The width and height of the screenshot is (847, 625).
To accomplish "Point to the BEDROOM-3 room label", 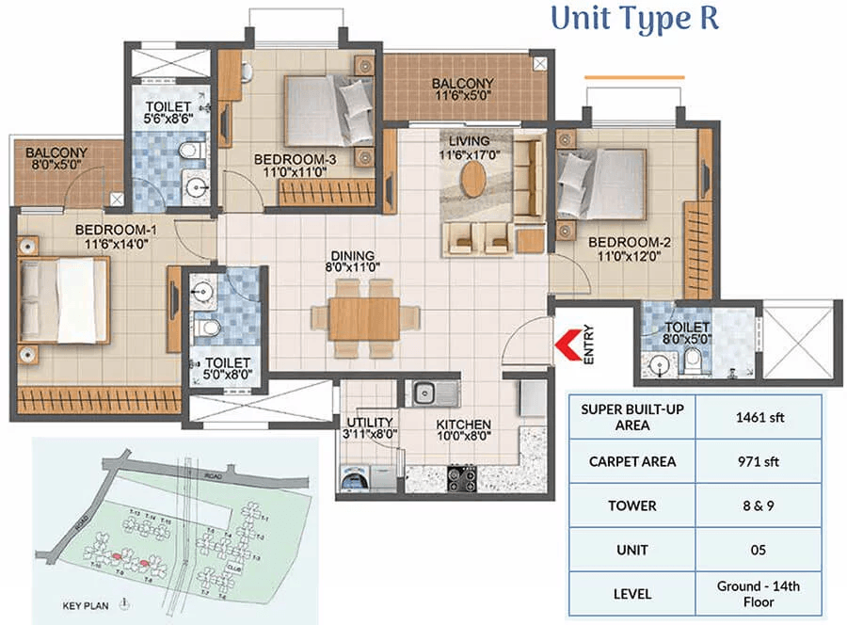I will tap(295, 159).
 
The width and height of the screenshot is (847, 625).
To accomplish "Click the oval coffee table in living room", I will tap(474, 179).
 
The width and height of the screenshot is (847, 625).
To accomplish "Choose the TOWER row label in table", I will tap(631, 505).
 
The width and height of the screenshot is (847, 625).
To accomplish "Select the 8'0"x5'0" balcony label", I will tap(56, 159).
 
